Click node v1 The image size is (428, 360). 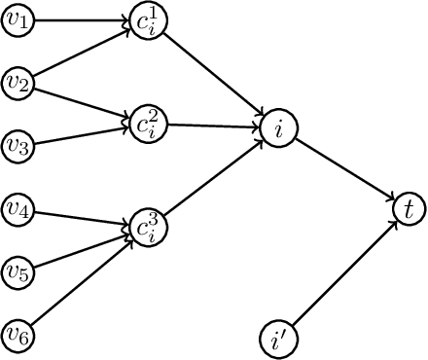tap(18, 18)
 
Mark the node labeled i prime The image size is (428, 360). tap(278, 340)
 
